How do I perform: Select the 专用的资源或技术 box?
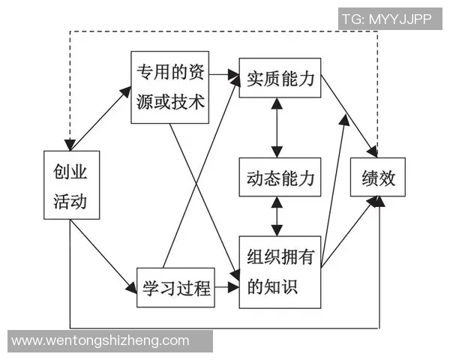click(170, 87)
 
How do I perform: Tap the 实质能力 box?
click(280, 78)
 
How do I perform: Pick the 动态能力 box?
click(280, 177)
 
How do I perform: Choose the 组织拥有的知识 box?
click(280, 271)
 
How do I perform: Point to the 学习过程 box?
click(175, 286)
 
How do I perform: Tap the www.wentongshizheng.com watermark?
click(101, 340)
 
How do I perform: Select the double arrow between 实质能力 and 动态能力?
click(278, 127)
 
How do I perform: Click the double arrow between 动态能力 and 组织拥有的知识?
click(278, 216)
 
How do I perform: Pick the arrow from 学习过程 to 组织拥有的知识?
click(227, 286)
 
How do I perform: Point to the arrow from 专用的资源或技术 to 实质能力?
click(224, 74)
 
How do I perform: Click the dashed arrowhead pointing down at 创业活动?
click(69, 142)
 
